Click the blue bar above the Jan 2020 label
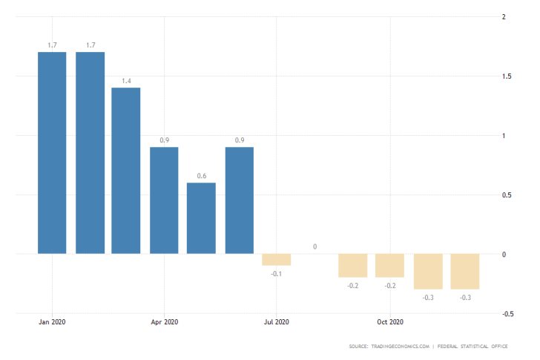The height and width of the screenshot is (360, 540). [x=52, y=153]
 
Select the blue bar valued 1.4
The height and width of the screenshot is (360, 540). [x=126, y=171]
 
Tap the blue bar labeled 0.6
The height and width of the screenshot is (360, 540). [x=201, y=218]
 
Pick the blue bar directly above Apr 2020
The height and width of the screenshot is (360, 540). [x=164, y=200]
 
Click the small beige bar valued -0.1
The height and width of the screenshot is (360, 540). [x=276, y=260]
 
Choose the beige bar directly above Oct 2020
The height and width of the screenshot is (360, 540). [x=389, y=266]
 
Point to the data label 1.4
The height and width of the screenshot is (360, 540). [x=126, y=80]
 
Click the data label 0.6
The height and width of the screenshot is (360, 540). [x=201, y=175]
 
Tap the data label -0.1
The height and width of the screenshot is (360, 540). [x=276, y=274]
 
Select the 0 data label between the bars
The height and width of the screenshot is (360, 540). [x=315, y=246]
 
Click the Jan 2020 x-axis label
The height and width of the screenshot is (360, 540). [x=52, y=322]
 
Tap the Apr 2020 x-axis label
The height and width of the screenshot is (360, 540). [x=164, y=322]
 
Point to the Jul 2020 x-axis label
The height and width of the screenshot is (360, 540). [x=276, y=322]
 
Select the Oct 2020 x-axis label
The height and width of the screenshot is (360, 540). [x=389, y=322]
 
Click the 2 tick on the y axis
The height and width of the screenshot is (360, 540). [x=504, y=17]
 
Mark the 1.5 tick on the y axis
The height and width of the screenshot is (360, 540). [x=507, y=76]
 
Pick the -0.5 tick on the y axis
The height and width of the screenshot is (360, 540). [x=507, y=314]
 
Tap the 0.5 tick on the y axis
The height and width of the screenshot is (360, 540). [x=507, y=195]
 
